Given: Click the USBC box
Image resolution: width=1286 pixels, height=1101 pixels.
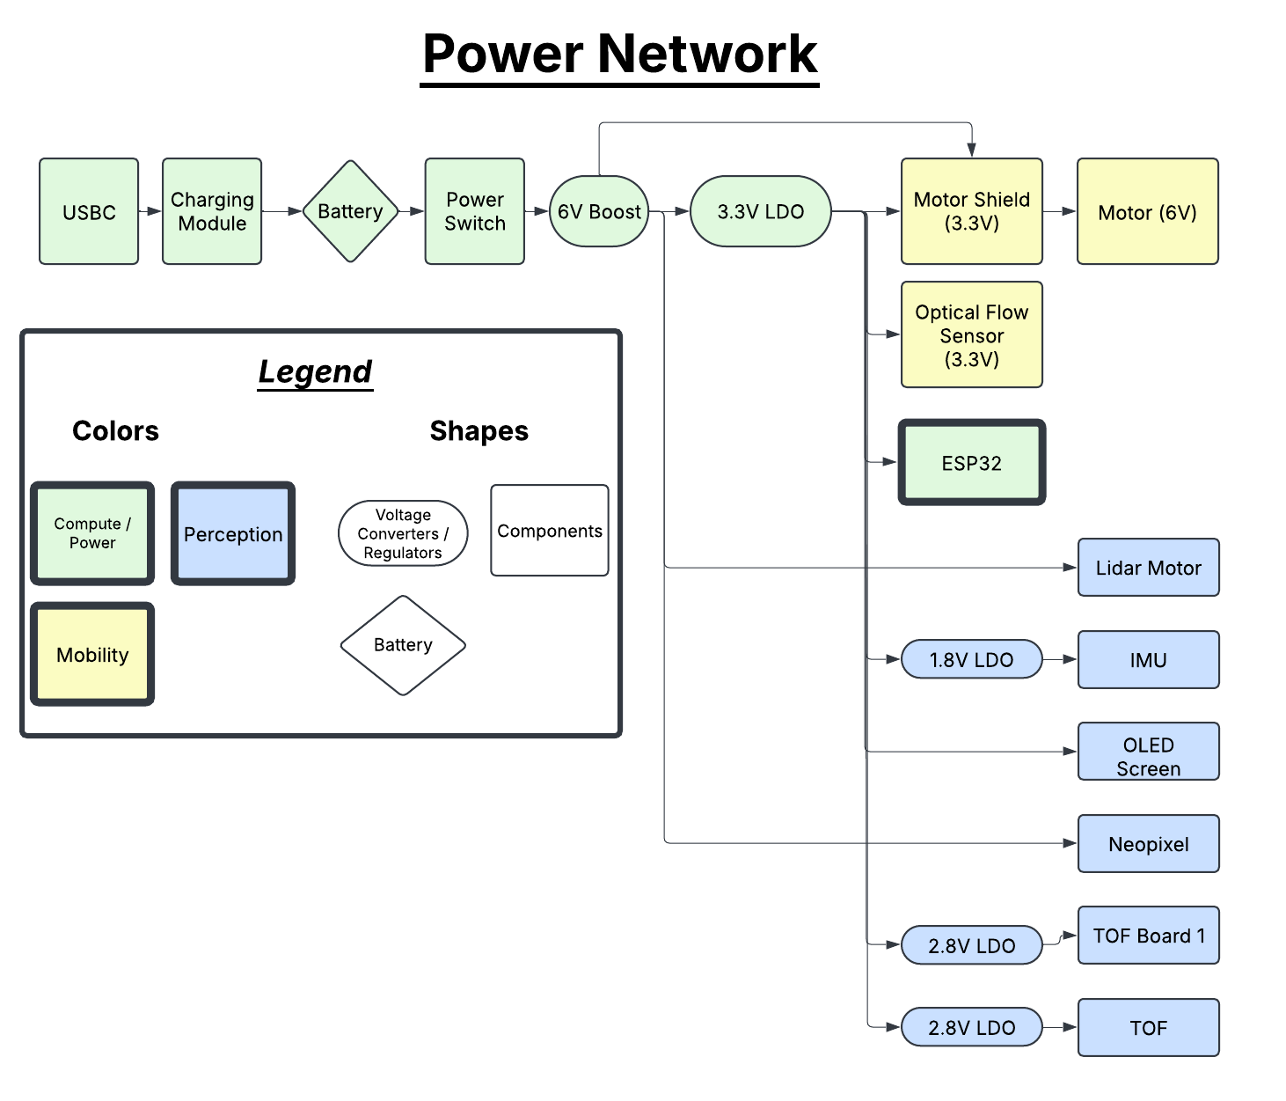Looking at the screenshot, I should [89, 211].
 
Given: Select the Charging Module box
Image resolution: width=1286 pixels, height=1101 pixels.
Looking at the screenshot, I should [212, 211].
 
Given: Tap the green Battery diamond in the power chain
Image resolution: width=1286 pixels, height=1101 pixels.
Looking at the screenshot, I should [350, 211].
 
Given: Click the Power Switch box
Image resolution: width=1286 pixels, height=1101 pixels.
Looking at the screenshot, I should [475, 211].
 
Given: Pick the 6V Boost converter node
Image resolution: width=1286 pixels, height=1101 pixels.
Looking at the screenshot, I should [599, 211].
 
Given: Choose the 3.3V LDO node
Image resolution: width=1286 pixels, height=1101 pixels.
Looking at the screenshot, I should [761, 211].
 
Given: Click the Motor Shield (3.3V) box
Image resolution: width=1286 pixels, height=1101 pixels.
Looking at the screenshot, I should [972, 211].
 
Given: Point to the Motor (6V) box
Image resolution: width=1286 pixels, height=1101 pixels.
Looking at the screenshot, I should [1148, 211].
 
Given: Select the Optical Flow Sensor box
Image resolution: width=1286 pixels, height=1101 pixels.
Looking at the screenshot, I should [972, 334].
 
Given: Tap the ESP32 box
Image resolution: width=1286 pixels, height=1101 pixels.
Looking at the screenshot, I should [972, 463].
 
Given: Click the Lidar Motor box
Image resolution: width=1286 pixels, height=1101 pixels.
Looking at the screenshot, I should [1149, 568].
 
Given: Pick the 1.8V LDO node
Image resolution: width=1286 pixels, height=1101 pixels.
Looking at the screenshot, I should [972, 659].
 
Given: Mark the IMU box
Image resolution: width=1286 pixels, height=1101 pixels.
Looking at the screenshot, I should [1149, 659].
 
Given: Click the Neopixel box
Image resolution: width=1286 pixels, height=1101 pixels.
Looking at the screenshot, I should [1149, 844].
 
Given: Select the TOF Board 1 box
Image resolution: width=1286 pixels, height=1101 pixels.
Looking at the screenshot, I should [1149, 936].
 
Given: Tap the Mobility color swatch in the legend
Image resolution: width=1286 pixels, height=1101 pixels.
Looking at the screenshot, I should [92, 654].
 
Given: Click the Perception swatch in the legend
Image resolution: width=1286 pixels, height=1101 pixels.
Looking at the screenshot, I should [233, 533].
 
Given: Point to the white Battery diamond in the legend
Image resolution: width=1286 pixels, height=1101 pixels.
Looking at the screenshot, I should [403, 645].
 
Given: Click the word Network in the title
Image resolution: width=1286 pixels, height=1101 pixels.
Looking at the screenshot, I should [708, 55].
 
